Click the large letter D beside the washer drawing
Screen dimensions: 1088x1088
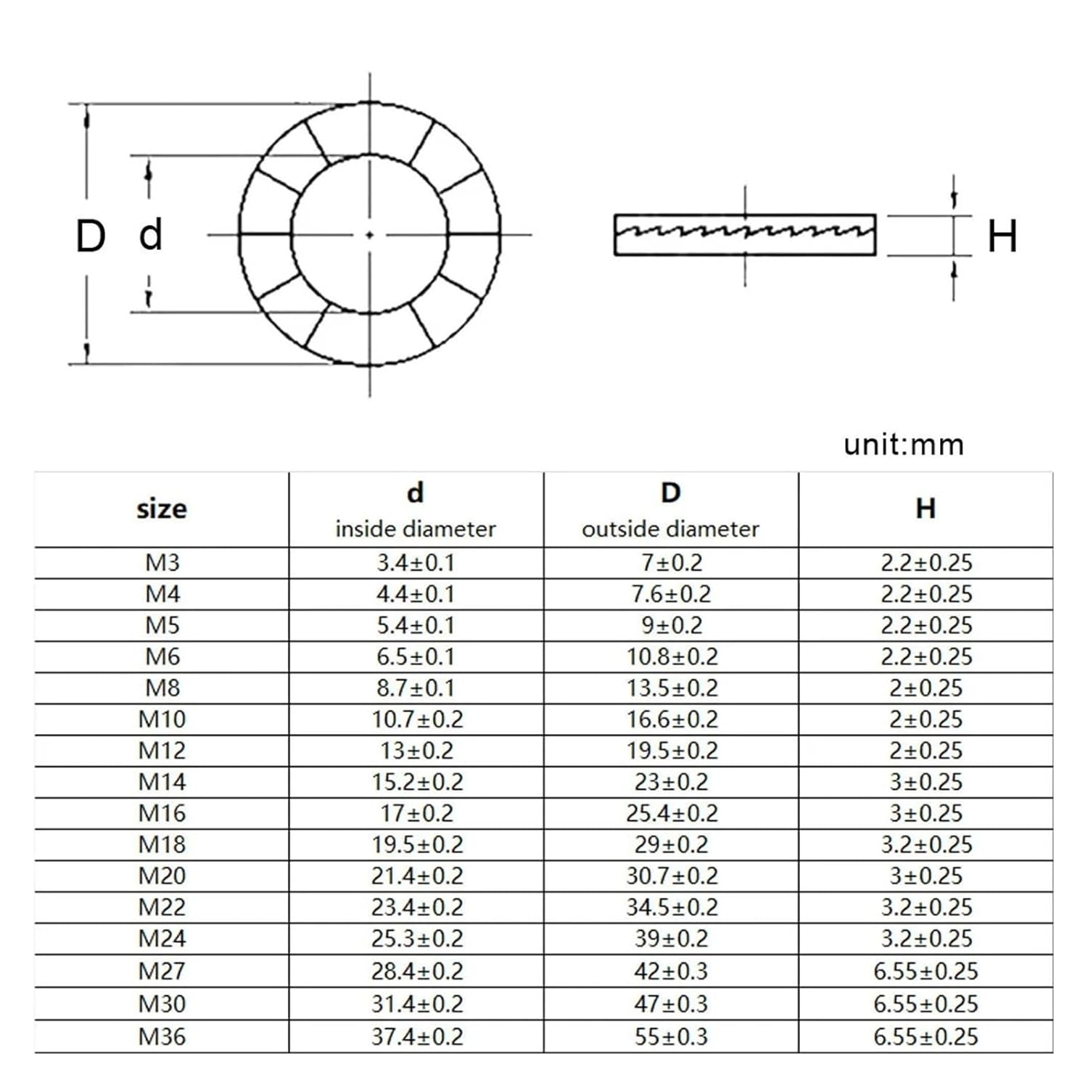click(91, 236)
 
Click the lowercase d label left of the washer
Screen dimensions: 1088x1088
click(151, 234)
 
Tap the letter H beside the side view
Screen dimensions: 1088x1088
click(1002, 236)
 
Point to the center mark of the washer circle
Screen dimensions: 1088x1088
click(370, 234)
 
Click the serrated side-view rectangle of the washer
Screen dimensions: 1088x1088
click(745, 235)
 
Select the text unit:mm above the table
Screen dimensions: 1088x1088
click(904, 444)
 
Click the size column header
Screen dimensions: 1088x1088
click(162, 509)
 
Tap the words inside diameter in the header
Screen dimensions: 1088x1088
click(416, 529)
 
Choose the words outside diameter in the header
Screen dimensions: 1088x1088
click(670, 529)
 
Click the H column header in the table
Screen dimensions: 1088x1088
click(926, 508)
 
